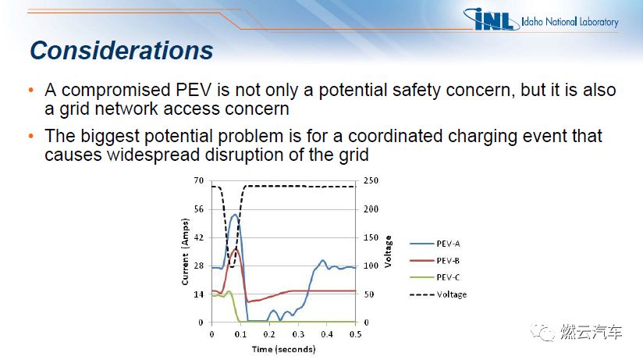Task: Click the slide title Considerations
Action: click(x=122, y=51)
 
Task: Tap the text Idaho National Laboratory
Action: click(x=570, y=21)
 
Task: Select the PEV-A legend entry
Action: click(x=435, y=244)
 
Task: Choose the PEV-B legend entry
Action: click(x=435, y=261)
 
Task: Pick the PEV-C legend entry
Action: click(x=435, y=277)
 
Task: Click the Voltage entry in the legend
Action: click(x=438, y=294)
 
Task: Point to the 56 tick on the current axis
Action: click(x=198, y=209)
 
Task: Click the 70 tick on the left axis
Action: click(x=198, y=180)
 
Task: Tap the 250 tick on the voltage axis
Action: click(x=371, y=180)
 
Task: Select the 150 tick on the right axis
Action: click(x=371, y=237)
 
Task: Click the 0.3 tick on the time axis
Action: click(x=298, y=334)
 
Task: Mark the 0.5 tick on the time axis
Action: click(x=356, y=334)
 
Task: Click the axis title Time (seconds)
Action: click(x=284, y=349)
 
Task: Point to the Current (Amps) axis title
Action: click(x=185, y=251)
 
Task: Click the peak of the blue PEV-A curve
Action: click(x=235, y=214)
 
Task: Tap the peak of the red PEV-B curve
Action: click(x=236, y=248)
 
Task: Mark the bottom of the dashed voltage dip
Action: click(x=231, y=267)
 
